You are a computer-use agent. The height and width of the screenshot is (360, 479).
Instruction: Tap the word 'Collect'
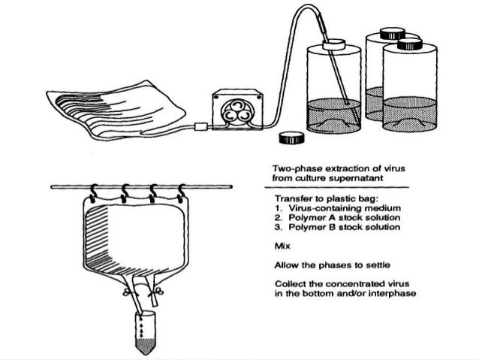tap(290, 283)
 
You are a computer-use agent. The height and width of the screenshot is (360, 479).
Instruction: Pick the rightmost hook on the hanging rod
tap(182, 192)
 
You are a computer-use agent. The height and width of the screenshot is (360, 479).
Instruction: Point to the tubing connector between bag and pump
tap(199, 126)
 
